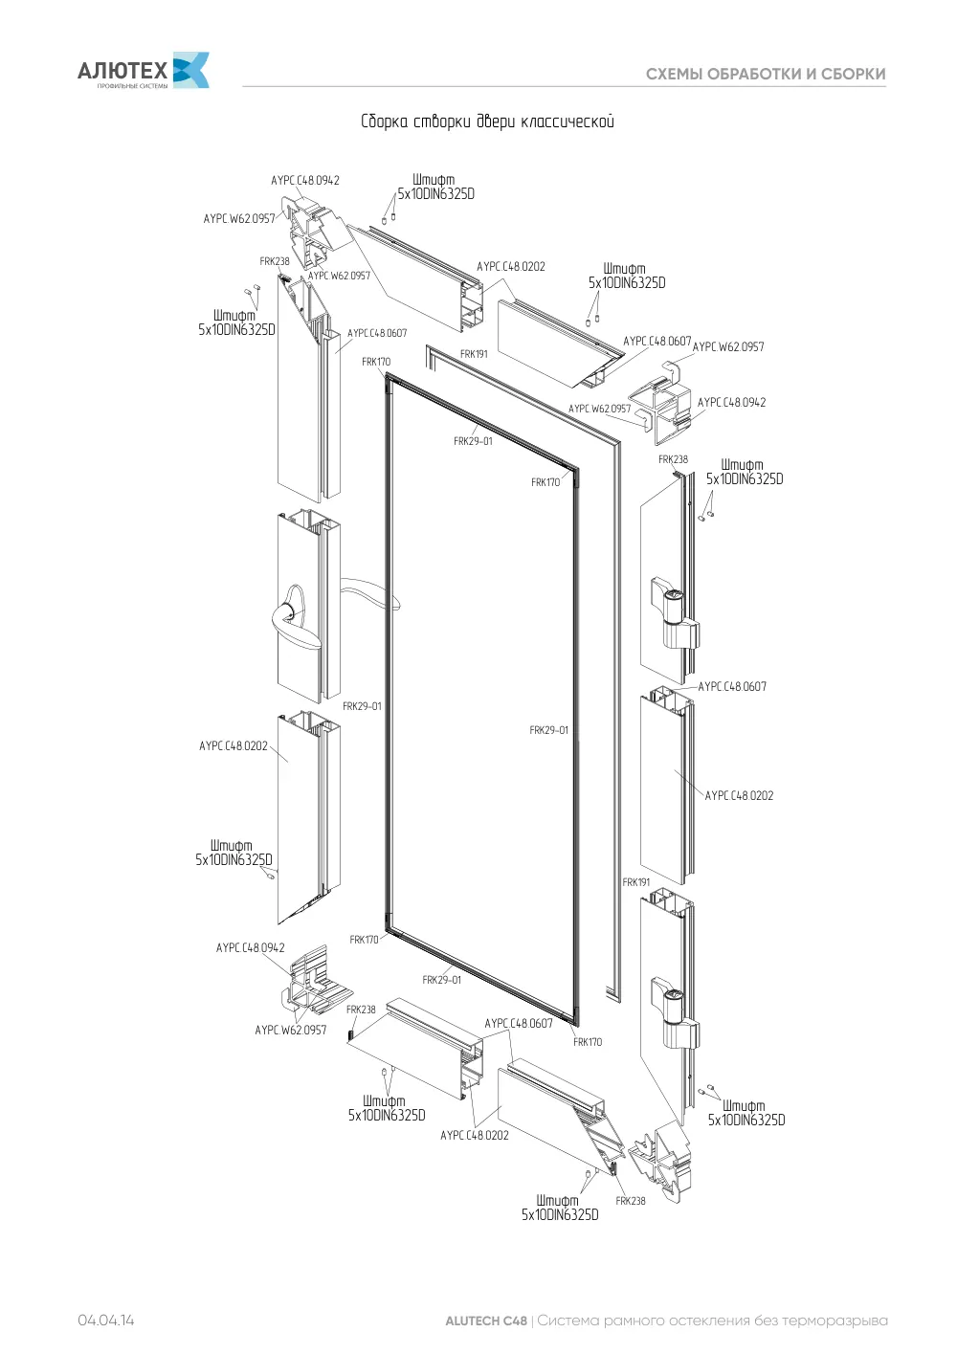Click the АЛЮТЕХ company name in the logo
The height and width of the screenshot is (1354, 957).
click(122, 71)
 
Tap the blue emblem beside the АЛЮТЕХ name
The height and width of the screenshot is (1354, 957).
click(191, 70)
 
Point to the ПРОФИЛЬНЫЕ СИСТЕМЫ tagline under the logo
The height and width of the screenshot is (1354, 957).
click(132, 86)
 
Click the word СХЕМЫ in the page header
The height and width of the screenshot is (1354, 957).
click(674, 75)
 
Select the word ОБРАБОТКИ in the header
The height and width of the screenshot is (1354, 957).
click(753, 75)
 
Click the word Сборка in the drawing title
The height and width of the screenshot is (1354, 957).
click(385, 122)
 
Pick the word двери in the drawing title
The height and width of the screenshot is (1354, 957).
click(496, 122)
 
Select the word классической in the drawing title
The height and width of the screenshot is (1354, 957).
click(568, 122)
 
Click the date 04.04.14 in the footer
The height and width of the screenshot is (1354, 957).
click(106, 1321)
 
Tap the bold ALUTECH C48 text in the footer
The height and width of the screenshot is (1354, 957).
click(486, 1321)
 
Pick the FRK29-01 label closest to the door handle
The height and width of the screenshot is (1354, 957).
click(362, 706)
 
